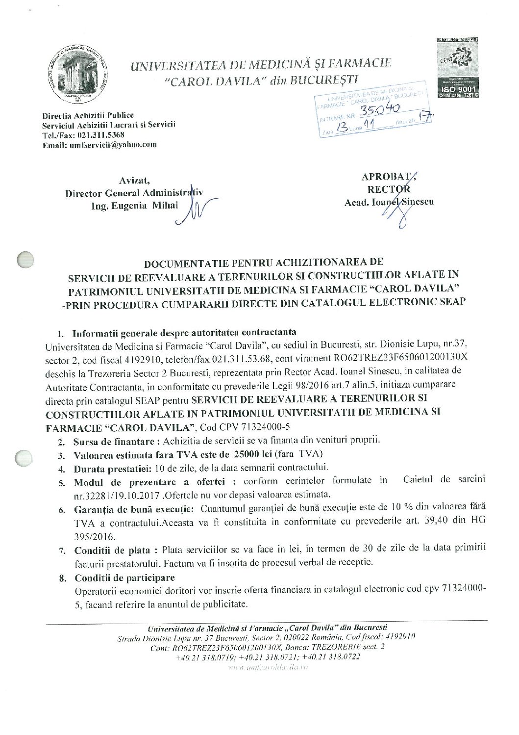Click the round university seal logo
pos(78,72)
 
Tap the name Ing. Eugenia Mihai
pos(135,206)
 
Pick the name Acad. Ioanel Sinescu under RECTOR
pos(389,202)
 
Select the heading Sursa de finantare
pos(117,440)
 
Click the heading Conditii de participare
pos(124,577)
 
